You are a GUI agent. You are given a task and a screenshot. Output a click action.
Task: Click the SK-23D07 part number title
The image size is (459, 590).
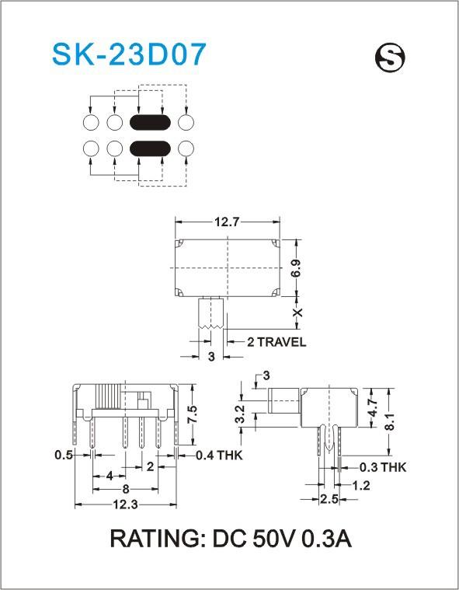pos(130,54)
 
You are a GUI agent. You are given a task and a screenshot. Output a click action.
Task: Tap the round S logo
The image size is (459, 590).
pos(390,59)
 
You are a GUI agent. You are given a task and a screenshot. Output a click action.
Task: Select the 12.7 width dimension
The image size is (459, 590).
pos(227,222)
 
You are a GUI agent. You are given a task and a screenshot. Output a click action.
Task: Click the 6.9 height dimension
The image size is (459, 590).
pos(296,268)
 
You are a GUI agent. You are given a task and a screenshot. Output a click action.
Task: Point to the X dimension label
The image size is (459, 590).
pos(297,312)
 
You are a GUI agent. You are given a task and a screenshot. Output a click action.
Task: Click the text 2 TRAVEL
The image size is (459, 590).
pos(276,342)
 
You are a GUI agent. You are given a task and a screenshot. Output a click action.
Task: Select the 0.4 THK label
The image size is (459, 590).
pos(219,456)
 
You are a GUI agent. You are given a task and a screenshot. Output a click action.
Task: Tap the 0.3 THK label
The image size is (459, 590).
pos(383,467)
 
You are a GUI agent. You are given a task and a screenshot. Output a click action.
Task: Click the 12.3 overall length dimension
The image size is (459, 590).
pos(126,504)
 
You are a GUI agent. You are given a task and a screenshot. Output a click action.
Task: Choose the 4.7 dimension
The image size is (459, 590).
pos(373,407)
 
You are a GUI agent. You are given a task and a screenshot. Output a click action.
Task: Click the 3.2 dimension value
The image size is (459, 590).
pos(241,414)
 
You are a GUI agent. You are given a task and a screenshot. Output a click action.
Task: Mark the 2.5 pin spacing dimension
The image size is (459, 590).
pos(329,499)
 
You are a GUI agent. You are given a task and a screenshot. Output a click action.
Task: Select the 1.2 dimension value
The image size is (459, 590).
pos(361,486)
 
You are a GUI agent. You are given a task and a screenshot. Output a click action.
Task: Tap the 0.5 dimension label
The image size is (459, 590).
pos(64,455)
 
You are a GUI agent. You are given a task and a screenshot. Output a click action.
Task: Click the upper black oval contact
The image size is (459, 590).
pos(150,123)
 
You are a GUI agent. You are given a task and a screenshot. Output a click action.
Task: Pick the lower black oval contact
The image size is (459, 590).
pos(150,148)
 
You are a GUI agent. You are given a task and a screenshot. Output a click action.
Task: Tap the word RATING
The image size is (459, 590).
pos(155,539)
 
